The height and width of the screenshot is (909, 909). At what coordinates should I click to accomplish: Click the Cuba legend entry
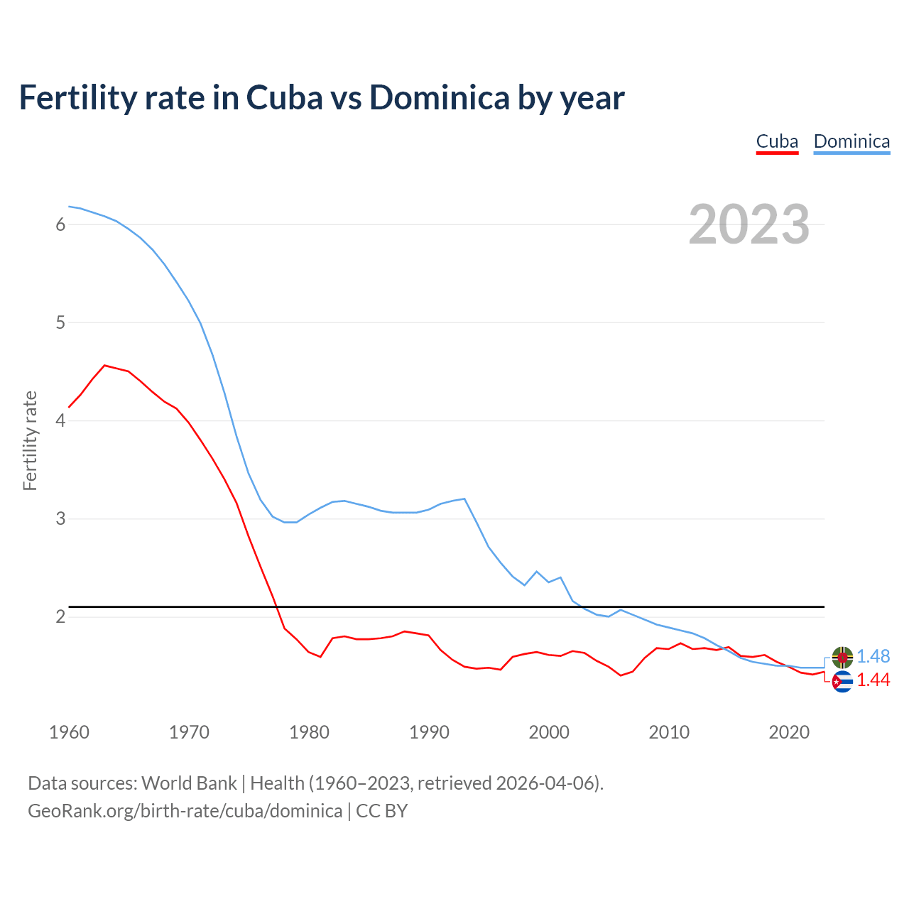(x=777, y=141)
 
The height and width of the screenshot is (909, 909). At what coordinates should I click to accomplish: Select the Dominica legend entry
(x=851, y=141)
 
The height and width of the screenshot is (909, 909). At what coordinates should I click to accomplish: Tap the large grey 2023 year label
(x=749, y=224)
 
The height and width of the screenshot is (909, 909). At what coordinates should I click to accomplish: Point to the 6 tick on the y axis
(x=60, y=224)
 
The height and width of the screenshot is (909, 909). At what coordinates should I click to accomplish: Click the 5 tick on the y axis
(x=60, y=322)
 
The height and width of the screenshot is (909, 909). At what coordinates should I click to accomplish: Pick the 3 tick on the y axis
(x=60, y=518)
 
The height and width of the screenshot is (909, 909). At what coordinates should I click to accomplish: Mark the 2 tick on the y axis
(x=60, y=616)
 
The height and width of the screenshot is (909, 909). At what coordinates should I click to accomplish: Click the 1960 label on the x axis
(x=69, y=732)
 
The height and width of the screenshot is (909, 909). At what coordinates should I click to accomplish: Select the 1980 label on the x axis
(x=309, y=732)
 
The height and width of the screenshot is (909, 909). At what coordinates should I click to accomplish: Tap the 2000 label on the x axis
(x=549, y=732)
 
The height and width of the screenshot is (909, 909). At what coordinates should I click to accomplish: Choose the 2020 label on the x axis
(x=789, y=732)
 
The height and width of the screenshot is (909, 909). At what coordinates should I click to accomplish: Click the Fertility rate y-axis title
(x=30, y=440)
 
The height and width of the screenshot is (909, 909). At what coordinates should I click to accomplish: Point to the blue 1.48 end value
(x=873, y=657)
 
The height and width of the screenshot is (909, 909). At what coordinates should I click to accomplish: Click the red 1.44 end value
(x=873, y=680)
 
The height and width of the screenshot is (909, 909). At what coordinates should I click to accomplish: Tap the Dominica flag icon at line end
(x=842, y=657)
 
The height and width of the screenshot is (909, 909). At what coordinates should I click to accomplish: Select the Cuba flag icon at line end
(x=842, y=682)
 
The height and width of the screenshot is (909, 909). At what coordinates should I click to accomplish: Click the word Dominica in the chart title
(x=439, y=97)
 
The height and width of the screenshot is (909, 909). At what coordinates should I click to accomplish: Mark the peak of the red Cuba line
(x=105, y=365)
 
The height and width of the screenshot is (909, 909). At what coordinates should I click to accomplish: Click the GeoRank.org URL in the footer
(x=185, y=811)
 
